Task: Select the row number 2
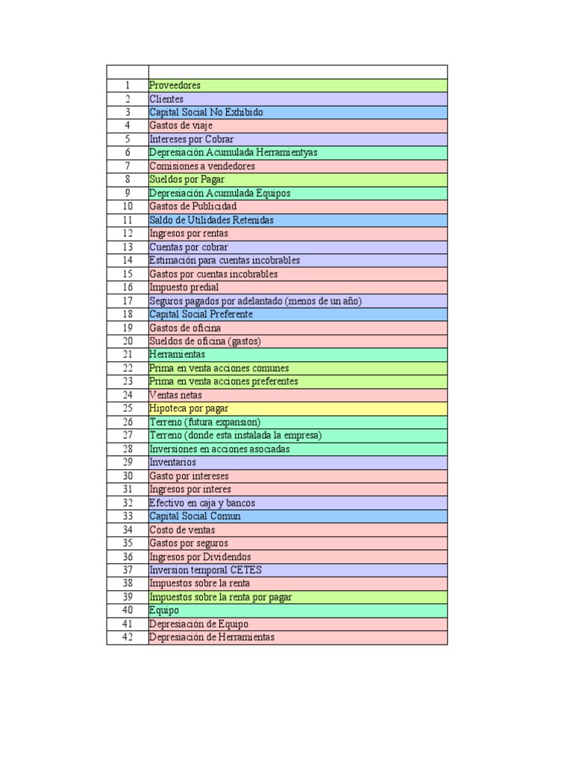coord(128,99)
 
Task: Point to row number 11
coord(128,220)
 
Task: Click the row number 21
coord(128,355)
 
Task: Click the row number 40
coord(128,610)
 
